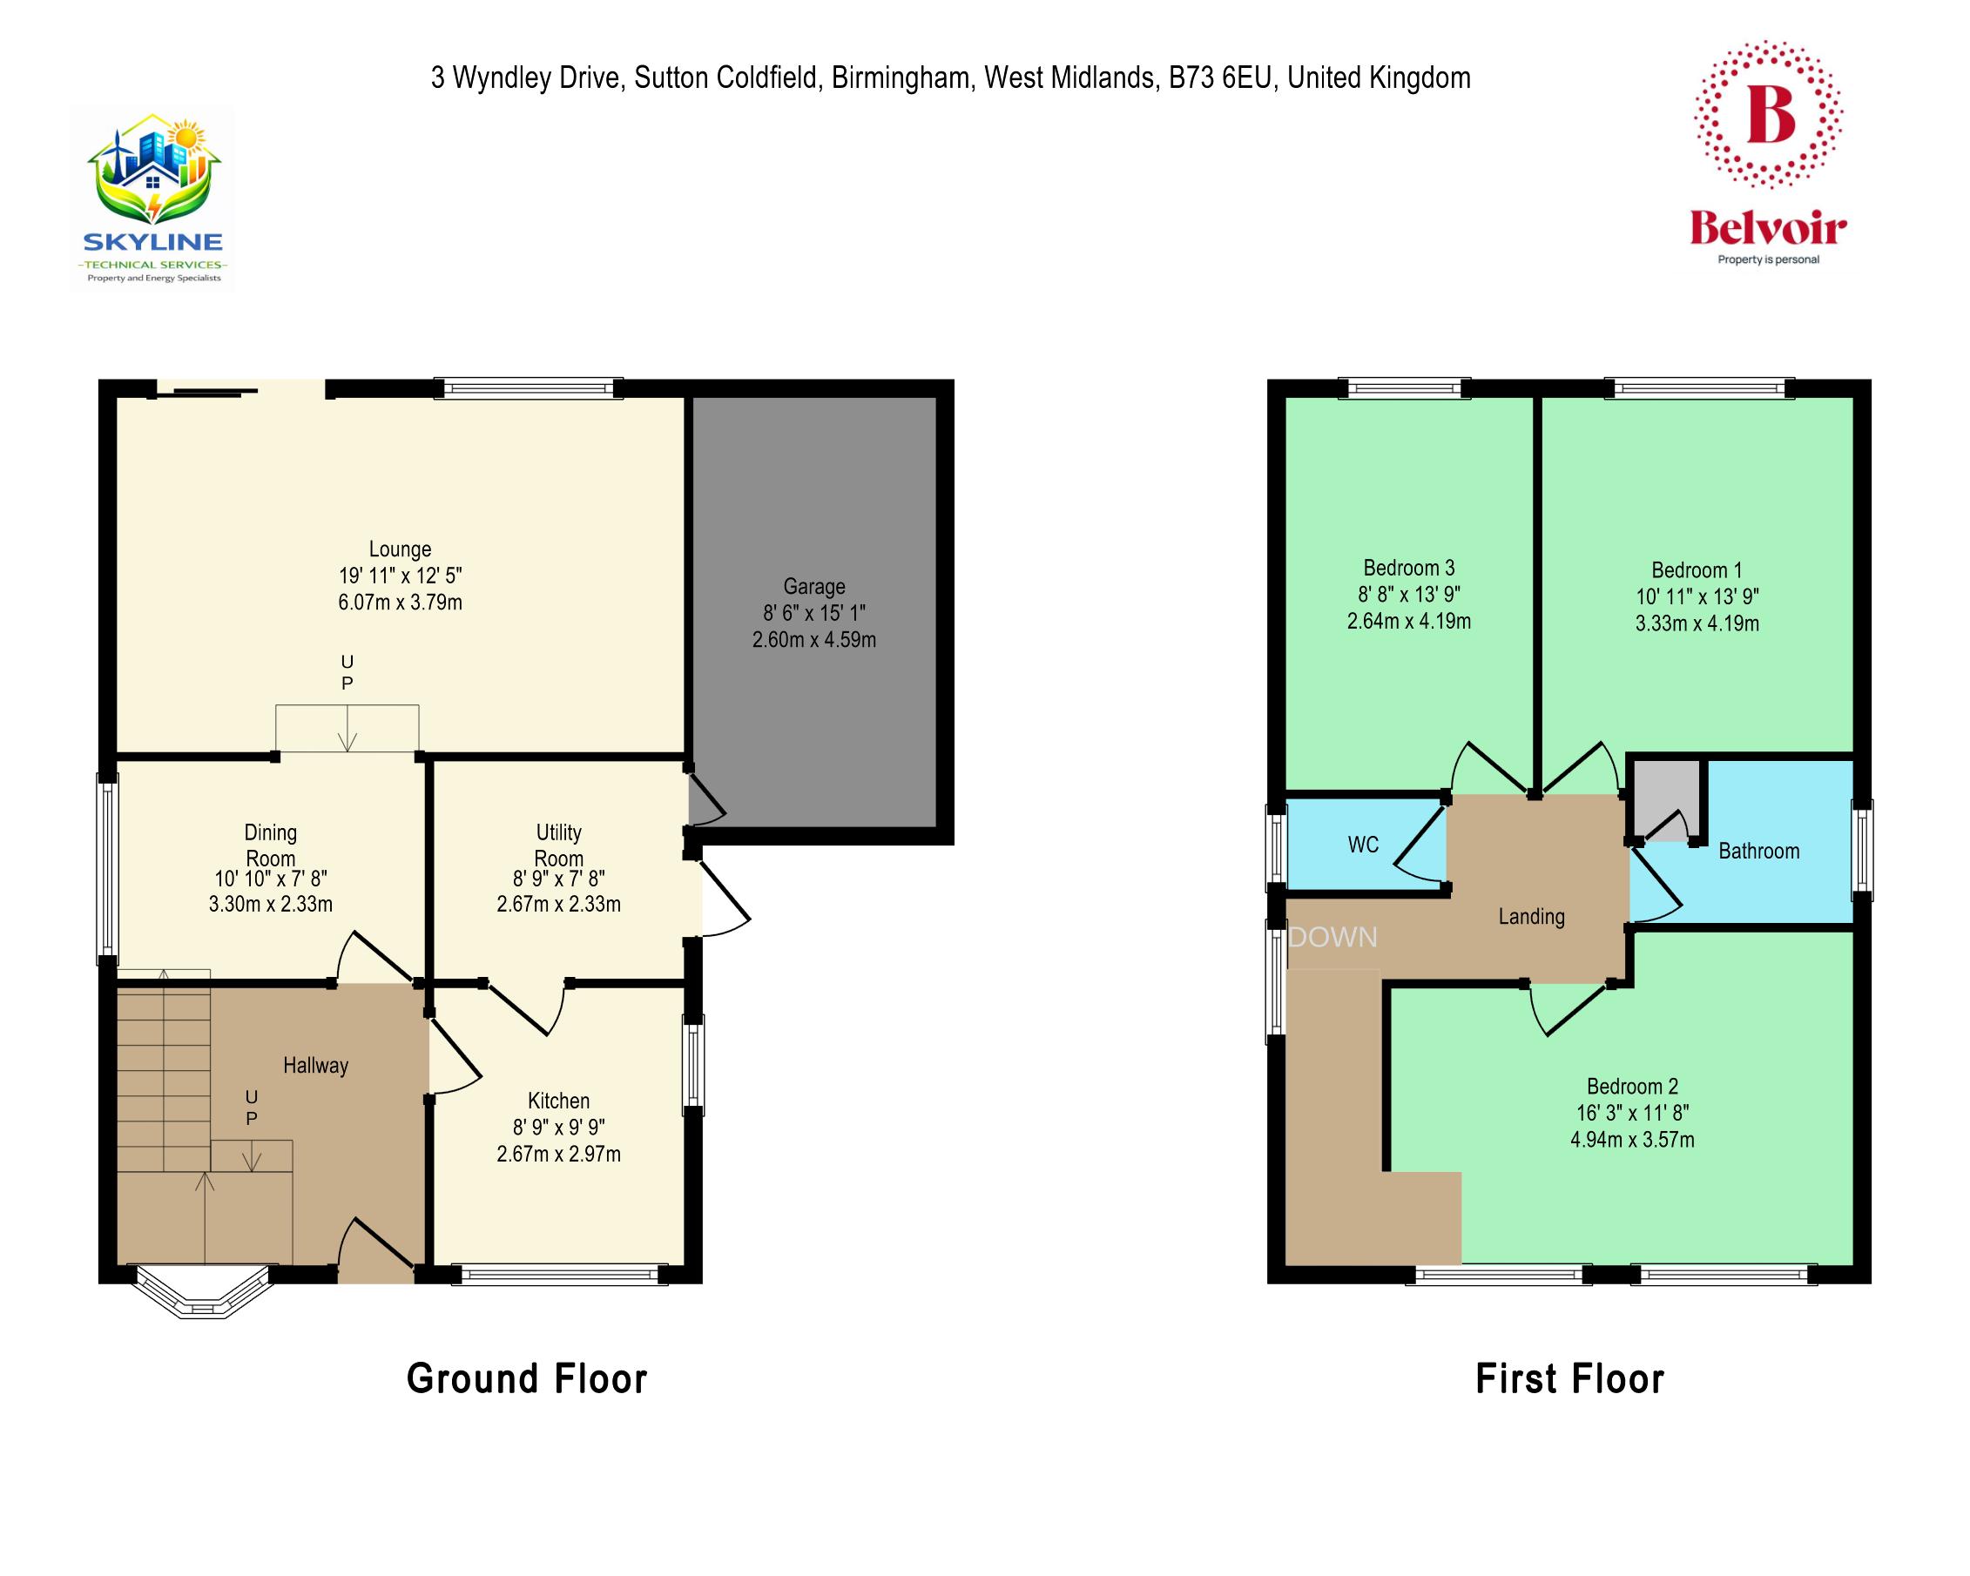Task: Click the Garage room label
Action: (x=813, y=587)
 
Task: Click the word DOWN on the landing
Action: (x=1332, y=938)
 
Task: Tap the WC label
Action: (x=1362, y=845)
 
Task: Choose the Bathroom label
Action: (x=1758, y=852)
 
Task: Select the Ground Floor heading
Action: (x=526, y=1379)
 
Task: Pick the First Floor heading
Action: (x=1569, y=1379)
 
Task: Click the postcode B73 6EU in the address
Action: (x=1220, y=78)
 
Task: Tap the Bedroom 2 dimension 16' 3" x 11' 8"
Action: (x=1632, y=1113)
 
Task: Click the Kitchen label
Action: (x=558, y=1101)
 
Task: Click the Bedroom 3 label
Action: (x=1408, y=569)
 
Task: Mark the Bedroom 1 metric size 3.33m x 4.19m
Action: (x=1697, y=624)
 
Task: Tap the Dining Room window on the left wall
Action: (x=108, y=869)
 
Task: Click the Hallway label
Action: (x=315, y=1065)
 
